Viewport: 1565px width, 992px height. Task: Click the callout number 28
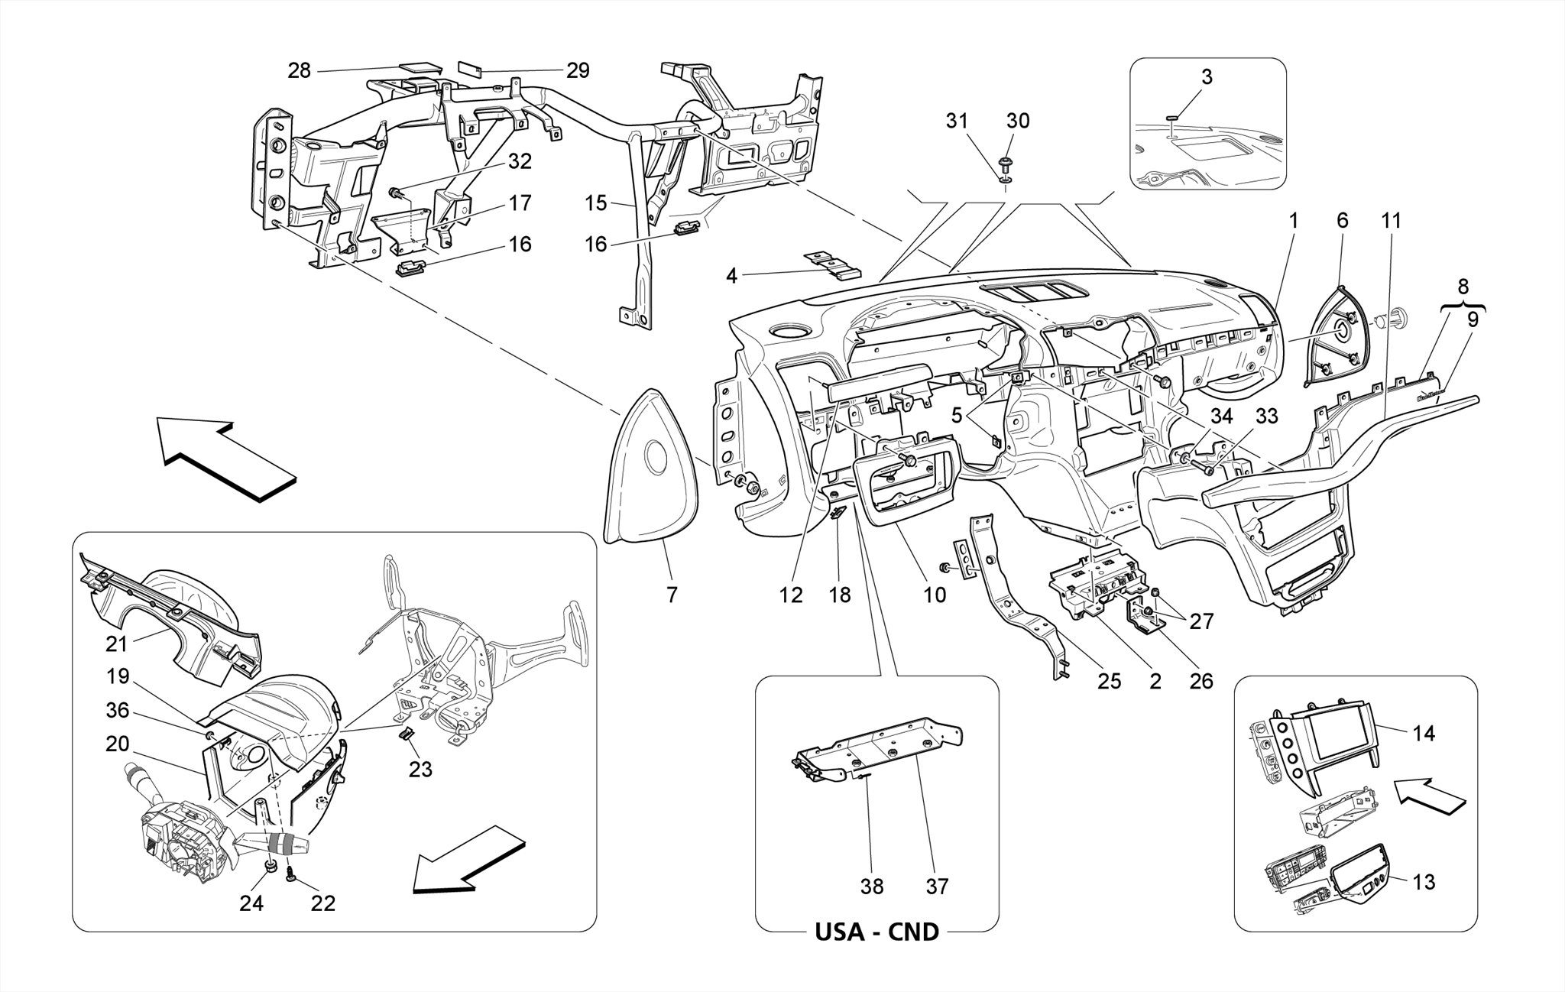point(299,71)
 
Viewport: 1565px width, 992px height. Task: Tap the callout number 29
point(578,71)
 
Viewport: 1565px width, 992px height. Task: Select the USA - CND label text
point(876,932)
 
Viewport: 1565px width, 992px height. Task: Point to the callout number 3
point(1207,77)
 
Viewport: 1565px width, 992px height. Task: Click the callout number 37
point(937,887)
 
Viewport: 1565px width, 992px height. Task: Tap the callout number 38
point(871,887)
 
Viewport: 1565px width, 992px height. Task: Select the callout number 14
point(1424,734)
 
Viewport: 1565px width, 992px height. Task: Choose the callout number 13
point(1424,882)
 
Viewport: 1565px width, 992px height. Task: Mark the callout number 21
point(116,644)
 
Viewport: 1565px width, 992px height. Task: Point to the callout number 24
point(251,903)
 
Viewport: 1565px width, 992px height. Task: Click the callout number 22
point(322,903)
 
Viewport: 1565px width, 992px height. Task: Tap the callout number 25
point(1109,681)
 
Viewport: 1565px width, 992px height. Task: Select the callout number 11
point(1392,221)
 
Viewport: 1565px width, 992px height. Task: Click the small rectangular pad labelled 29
point(469,70)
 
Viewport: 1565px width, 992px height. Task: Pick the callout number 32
point(520,162)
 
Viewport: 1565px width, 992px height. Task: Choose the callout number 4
point(731,276)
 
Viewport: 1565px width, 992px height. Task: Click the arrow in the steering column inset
point(466,860)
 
